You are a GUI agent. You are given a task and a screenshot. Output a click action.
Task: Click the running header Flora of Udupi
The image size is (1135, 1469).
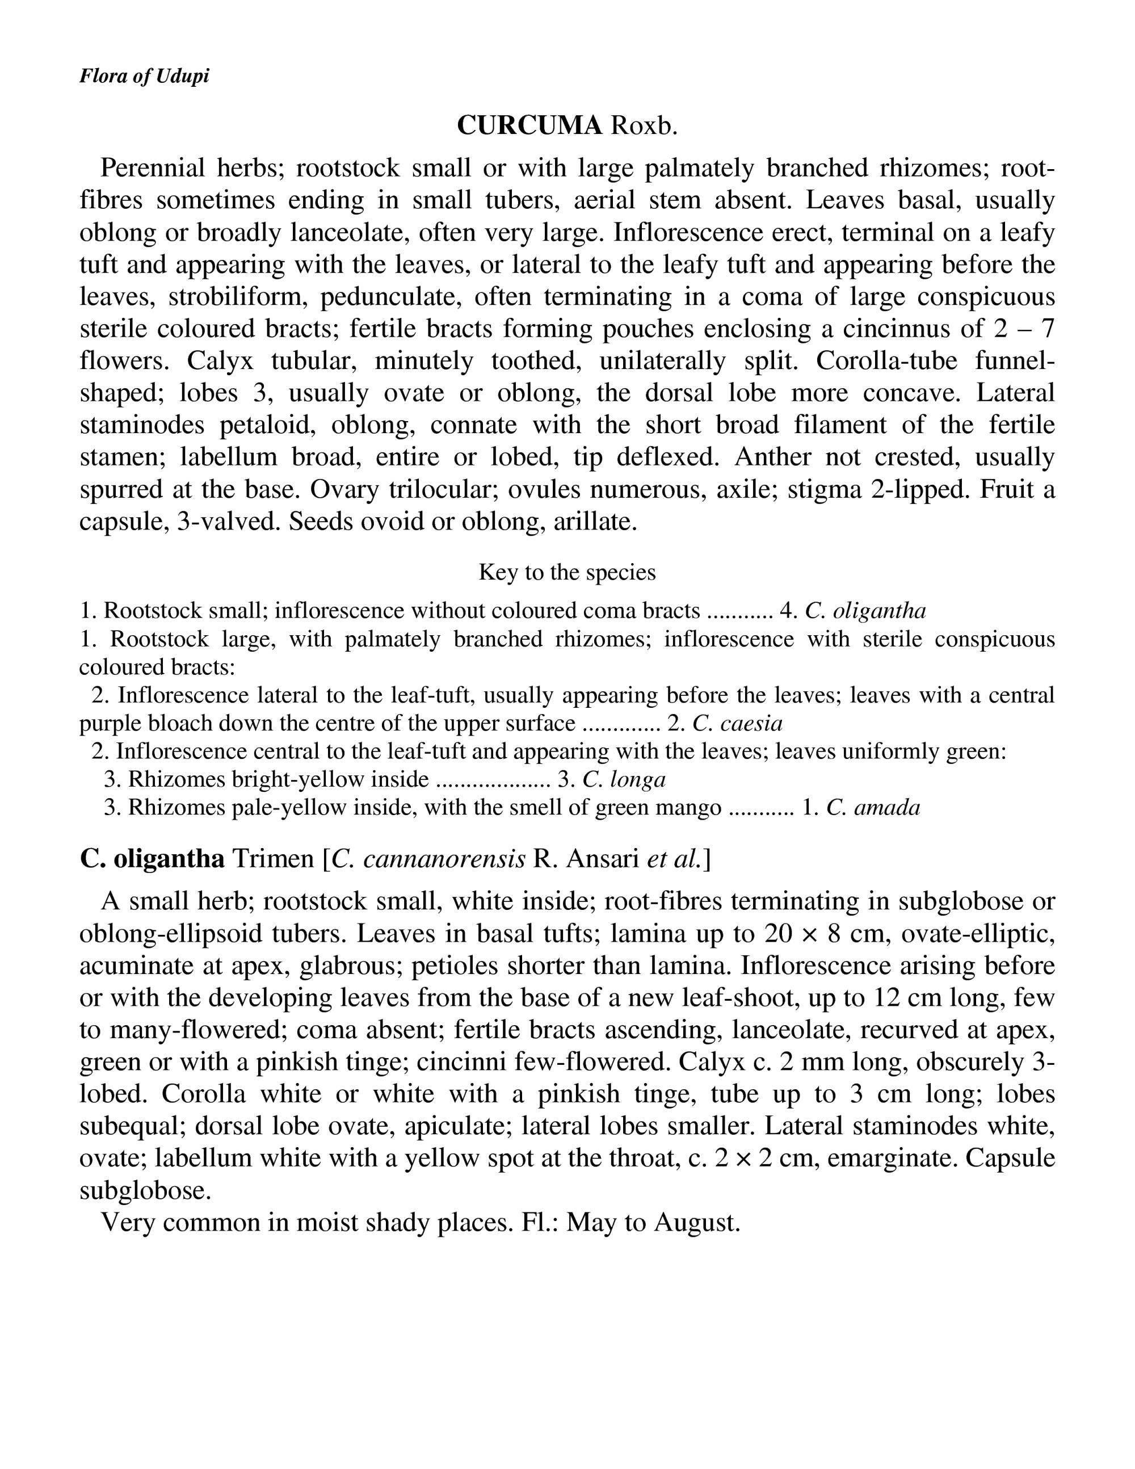[x=144, y=76]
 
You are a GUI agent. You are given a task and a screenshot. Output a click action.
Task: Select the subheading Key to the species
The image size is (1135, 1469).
[x=567, y=572]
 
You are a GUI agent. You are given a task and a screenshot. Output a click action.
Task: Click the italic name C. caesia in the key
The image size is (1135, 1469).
[x=737, y=724]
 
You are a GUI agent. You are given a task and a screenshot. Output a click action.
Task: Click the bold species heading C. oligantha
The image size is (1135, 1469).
[x=152, y=859]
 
